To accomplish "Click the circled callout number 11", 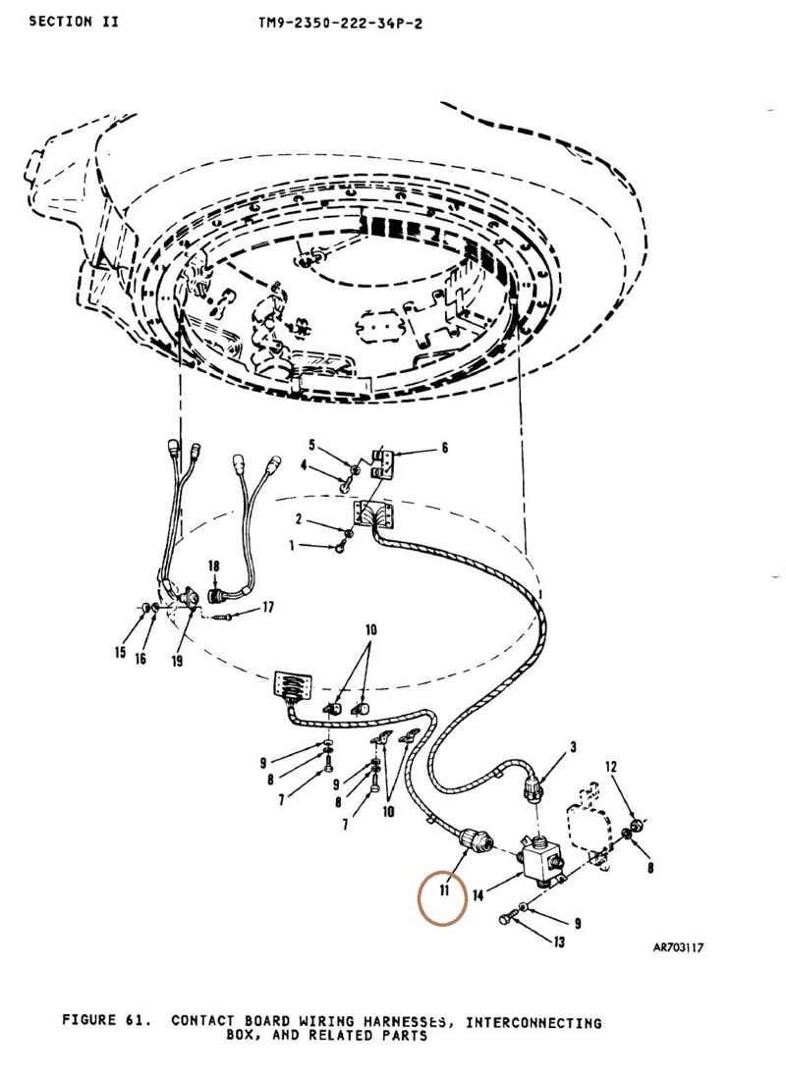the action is click(445, 891).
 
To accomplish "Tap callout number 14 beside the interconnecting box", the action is click(478, 895).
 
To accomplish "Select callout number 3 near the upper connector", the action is click(574, 746).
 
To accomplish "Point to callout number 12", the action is click(611, 767).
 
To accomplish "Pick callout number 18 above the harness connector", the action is click(213, 566).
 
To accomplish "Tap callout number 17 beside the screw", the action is click(268, 607).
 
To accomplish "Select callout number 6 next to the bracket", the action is click(445, 449).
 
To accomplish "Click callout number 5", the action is click(311, 445).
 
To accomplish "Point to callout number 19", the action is click(177, 661).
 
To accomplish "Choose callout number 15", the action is click(121, 652).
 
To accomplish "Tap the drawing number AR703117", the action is click(678, 947).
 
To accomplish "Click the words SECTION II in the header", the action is click(74, 22).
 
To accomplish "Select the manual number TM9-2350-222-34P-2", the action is click(341, 24).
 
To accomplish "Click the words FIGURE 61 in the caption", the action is click(107, 1019).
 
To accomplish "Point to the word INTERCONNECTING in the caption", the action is click(533, 1023).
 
